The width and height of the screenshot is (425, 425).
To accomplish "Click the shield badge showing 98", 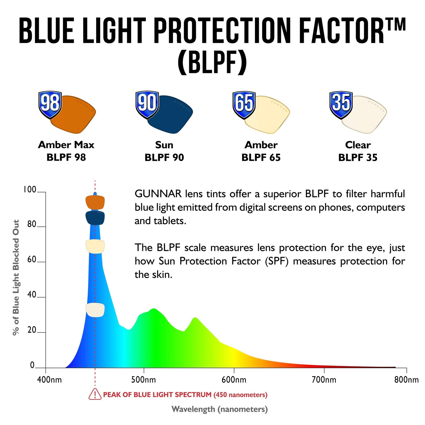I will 50,104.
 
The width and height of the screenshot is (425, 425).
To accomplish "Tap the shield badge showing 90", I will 147,104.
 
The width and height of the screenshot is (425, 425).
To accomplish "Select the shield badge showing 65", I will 244,104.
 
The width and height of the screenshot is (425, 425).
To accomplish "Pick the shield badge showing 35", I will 341,104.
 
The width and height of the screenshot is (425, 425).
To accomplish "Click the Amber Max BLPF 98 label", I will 66,151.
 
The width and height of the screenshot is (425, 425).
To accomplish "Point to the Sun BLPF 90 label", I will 164,151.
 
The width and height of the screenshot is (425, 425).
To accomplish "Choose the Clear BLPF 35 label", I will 358,151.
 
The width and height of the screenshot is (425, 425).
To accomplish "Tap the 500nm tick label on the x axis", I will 144,380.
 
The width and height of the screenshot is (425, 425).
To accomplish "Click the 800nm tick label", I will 406,380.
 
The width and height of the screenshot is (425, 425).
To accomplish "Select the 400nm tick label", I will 49,380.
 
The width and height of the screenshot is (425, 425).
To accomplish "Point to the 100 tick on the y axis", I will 29,189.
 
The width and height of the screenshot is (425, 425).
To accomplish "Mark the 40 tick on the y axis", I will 32,295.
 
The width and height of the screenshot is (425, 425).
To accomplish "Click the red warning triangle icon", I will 95,394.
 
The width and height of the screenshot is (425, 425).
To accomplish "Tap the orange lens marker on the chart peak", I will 95,202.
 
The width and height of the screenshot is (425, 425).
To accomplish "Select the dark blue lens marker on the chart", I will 95,218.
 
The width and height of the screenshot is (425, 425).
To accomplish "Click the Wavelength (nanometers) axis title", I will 219,409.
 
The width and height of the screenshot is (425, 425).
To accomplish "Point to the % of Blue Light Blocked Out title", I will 16,277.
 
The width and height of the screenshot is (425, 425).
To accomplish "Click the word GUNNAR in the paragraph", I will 158,194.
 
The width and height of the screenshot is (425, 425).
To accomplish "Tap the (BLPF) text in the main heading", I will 212,63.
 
